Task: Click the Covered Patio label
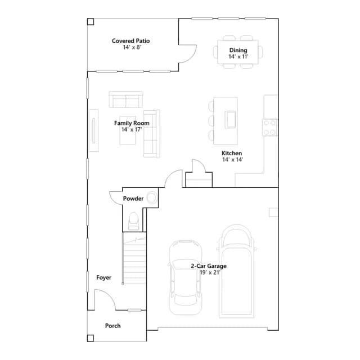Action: click(x=130, y=41)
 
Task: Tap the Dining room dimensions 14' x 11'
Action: click(x=238, y=57)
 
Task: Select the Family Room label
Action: click(x=132, y=123)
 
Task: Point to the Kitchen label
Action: click(x=232, y=153)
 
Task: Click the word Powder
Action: click(x=133, y=199)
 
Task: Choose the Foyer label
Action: click(x=103, y=277)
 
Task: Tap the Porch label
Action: click(x=112, y=326)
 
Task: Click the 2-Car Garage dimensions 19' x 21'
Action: click(x=210, y=272)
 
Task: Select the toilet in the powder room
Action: click(x=133, y=221)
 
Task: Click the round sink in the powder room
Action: click(x=152, y=197)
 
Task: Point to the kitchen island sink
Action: click(x=231, y=119)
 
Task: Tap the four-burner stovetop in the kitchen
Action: click(x=270, y=128)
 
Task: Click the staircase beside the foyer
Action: click(x=134, y=258)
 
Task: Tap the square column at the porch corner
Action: click(x=91, y=338)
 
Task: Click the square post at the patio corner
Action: click(x=91, y=21)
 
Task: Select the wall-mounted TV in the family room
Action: click(x=93, y=130)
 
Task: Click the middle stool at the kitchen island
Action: click(x=211, y=120)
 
